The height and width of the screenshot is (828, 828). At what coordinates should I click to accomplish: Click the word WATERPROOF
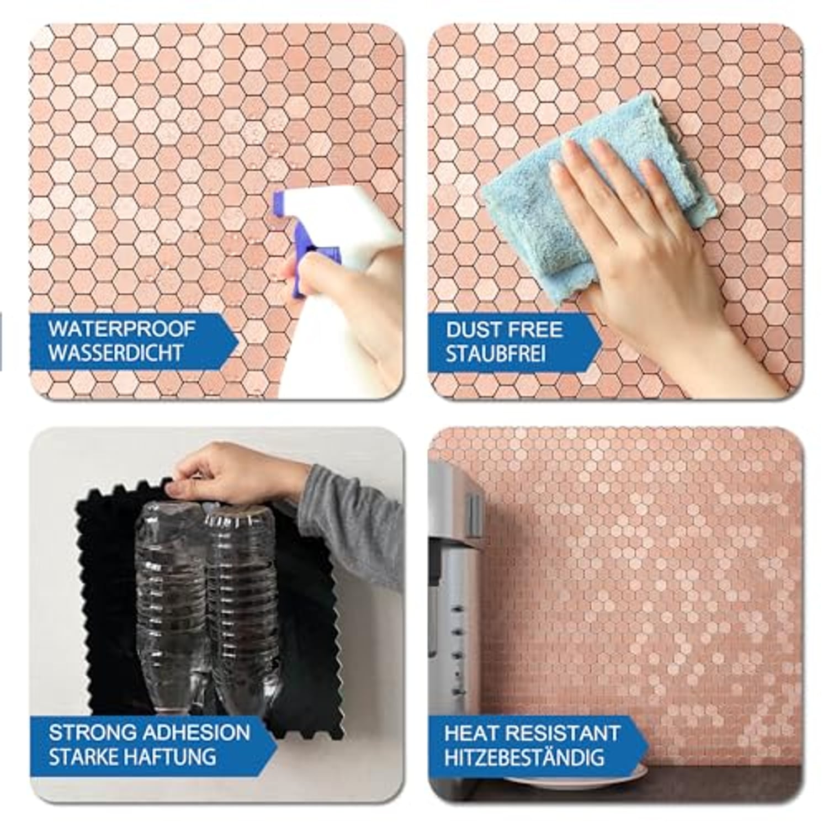click(x=121, y=329)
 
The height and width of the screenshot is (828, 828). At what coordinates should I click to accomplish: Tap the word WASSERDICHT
click(x=115, y=353)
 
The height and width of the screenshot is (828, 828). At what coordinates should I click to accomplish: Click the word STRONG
click(x=93, y=733)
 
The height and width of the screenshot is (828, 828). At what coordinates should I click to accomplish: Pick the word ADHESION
click(x=197, y=733)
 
